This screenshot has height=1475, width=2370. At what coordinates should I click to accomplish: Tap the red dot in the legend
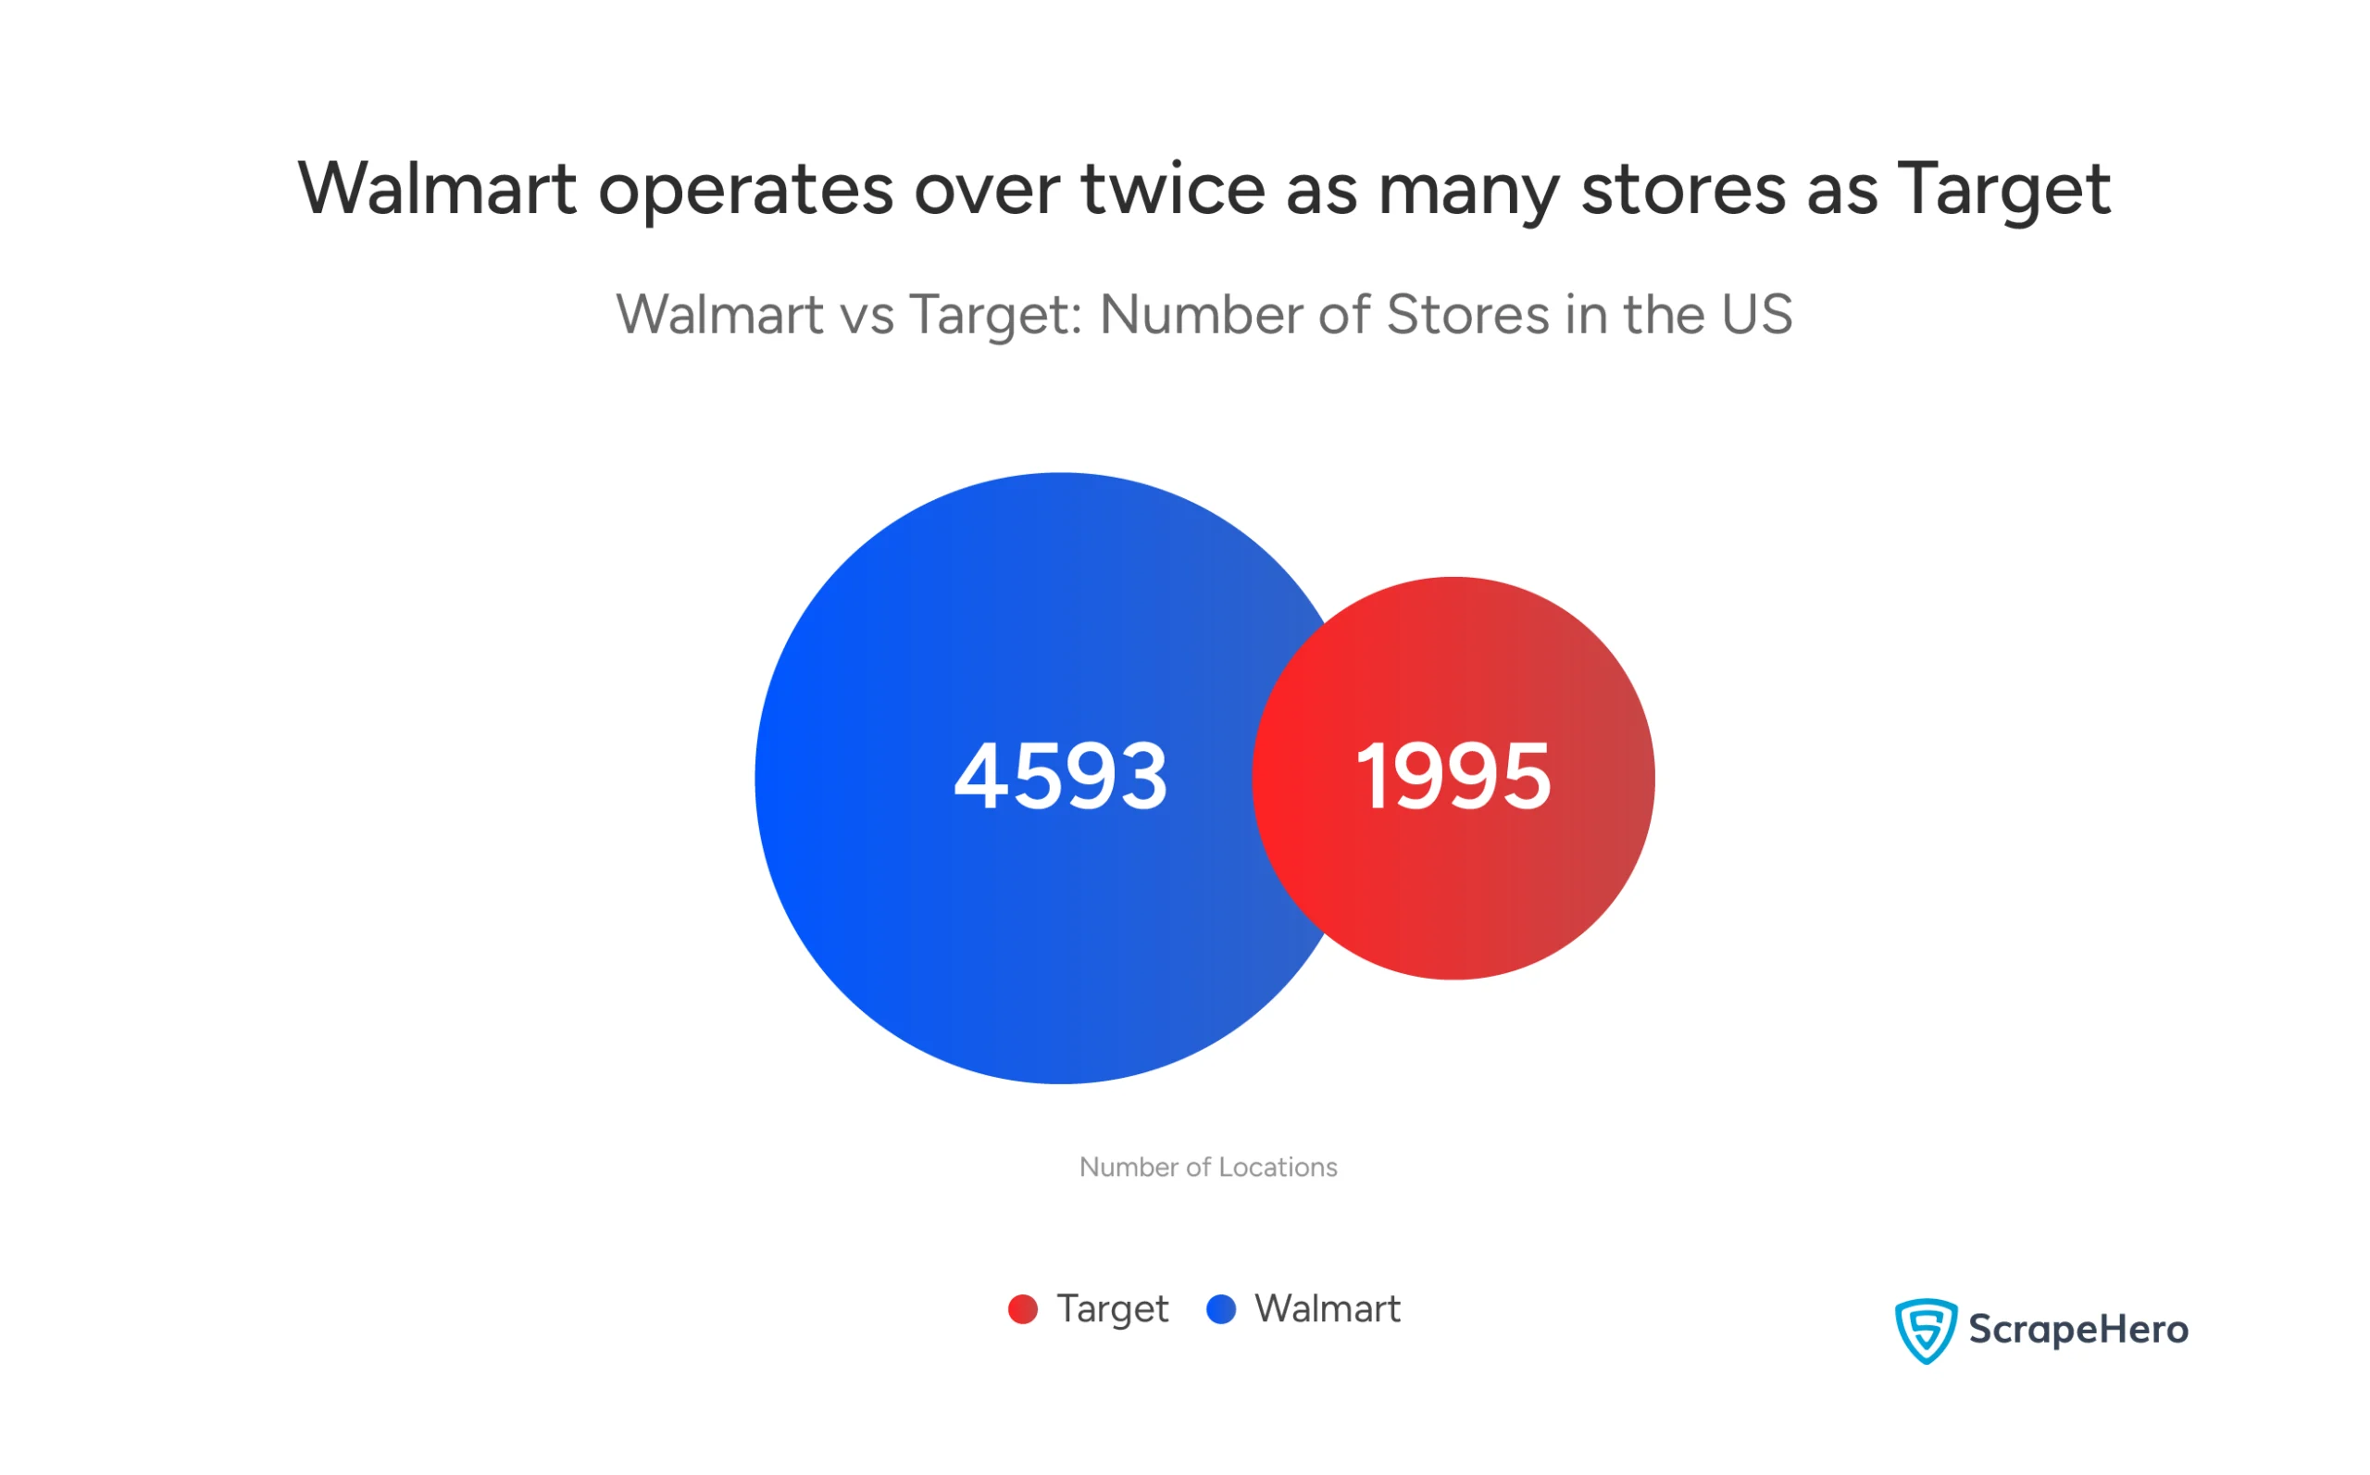coord(1022,1309)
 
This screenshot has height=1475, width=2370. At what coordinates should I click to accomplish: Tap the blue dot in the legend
coord(1221,1309)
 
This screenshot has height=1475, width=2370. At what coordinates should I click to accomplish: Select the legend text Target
coord(1112,1309)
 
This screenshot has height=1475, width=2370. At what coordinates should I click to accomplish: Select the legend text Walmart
coord(1327,1309)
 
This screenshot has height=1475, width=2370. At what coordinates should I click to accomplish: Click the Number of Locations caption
coord(1207,1167)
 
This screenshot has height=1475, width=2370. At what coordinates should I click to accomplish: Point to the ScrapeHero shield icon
coord(1926,1330)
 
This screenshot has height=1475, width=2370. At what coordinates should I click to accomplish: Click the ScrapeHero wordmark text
coord(2077,1330)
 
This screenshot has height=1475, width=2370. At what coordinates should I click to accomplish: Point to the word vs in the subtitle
coord(867,316)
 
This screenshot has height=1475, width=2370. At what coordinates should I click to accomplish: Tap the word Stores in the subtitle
coord(1466,314)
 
